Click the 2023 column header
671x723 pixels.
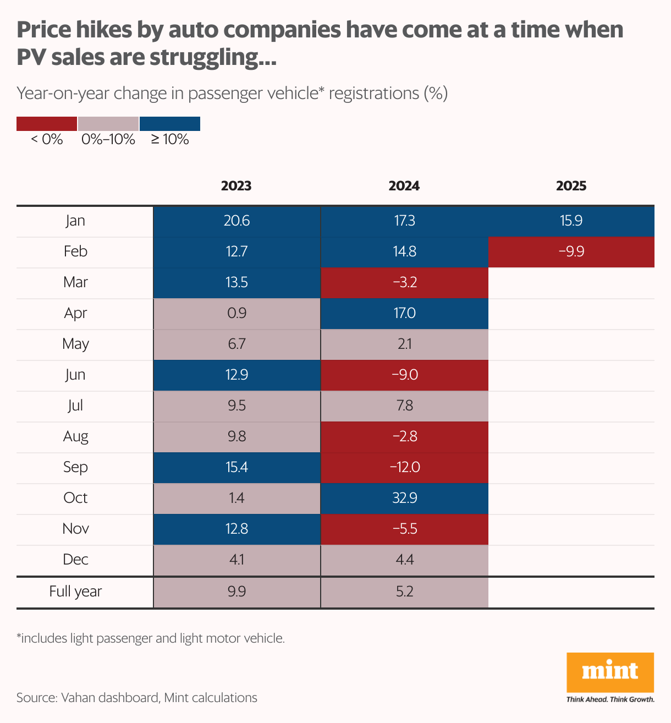pos(237,186)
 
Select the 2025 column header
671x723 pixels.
pos(571,186)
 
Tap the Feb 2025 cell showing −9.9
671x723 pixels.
pos(571,252)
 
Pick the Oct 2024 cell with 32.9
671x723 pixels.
pos(404,499)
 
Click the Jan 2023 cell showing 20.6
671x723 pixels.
pos(237,221)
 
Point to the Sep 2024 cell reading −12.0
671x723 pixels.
pos(404,468)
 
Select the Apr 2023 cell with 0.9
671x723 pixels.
pos(237,314)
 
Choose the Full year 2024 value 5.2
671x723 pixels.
pos(404,592)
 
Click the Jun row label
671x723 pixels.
pos(75,375)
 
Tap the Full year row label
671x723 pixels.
pos(75,592)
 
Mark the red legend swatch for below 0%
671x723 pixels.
pos(47,124)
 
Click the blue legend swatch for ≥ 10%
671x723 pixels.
pos(170,124)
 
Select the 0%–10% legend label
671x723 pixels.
pos(108,140)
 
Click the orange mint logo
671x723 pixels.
pos(610,672)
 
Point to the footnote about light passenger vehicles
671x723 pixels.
pos(151,639)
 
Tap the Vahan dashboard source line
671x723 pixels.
pos(137,698)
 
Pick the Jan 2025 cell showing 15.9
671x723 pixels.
pos(571,221)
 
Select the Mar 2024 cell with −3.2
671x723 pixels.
pos(404,283)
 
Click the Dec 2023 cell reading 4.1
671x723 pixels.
pos(237,560)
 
